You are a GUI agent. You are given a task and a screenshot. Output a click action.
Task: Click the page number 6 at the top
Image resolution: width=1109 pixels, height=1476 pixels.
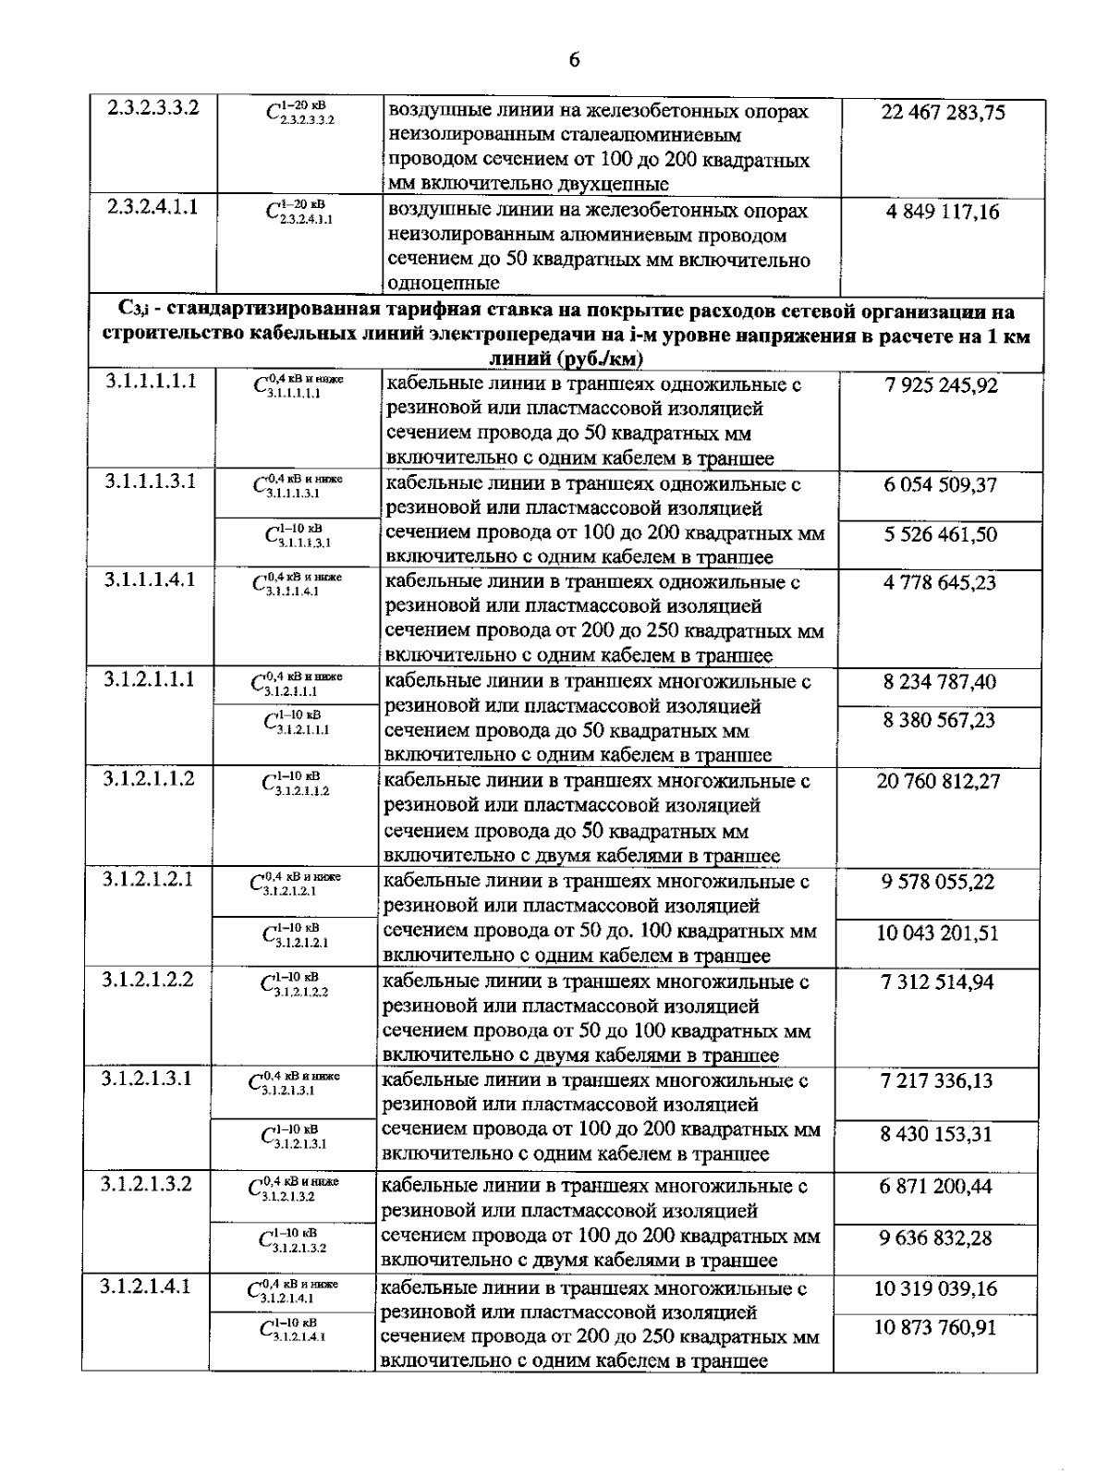coord(574,61)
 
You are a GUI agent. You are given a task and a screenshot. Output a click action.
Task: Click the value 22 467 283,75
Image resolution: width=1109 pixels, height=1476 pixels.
coord(943,113)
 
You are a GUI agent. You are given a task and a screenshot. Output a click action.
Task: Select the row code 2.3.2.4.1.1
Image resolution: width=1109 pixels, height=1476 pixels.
coord(152,208)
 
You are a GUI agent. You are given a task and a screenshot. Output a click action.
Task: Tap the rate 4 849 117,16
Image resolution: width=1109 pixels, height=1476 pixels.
coord(943,212)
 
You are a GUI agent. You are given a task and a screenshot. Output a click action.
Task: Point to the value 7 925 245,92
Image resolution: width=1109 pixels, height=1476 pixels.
coord(941,385)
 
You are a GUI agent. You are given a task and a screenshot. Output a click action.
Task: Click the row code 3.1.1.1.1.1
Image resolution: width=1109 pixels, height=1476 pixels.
coord(151,381)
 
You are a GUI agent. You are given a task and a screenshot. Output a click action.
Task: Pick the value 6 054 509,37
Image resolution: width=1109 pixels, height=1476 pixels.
coord(940,484)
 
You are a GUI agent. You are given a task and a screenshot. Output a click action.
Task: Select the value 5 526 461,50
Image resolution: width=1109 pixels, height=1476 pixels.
coord(940,534)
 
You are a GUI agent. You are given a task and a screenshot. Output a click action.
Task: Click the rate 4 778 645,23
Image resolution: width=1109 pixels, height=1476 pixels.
coord(940,583)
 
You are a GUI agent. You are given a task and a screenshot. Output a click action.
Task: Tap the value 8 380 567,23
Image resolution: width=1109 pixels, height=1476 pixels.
coord(939,720)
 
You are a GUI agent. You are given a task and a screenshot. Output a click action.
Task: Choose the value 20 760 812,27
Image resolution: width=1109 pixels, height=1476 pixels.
coord(938,781)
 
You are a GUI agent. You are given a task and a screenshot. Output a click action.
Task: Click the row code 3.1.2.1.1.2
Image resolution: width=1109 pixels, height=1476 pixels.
coord(149,777)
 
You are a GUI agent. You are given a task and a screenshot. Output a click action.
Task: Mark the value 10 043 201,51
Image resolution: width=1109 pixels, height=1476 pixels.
coord(937,933)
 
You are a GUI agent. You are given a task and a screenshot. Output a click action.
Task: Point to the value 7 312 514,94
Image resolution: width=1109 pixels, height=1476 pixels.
coord(937,982)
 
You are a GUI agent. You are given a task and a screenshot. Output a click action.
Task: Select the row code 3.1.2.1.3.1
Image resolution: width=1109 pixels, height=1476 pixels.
coord(147,1078)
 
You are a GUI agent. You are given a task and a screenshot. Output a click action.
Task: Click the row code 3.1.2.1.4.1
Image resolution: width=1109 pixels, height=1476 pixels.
coord(146,1285)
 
